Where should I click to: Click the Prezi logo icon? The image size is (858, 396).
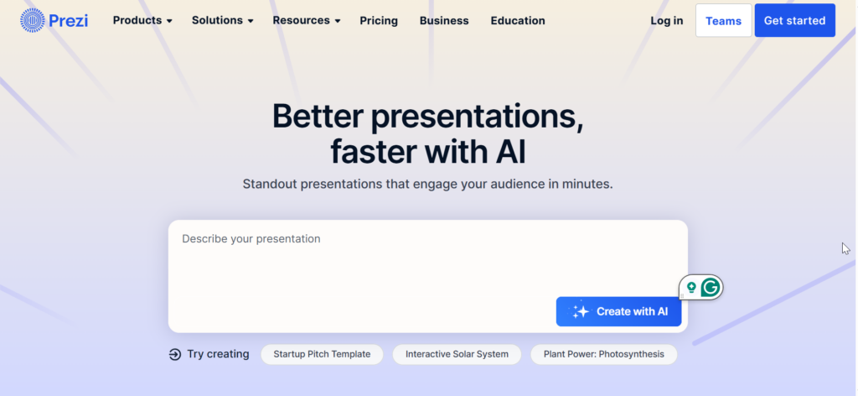pyautogui.click(x=33, y=20)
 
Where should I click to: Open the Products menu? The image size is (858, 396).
pyautogui.click(x=142, y=20)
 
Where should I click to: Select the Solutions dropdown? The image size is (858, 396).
pyautogui.click(x=222, y=20)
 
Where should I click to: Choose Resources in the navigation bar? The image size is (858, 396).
pyautogui.click(x=307, y=20)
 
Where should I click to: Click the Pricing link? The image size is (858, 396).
pyautogui.click(x=379, y=20)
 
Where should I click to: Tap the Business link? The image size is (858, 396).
pyautogui.click(x=444, y=20)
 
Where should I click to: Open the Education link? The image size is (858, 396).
pyautogui.click(x=518, y=20)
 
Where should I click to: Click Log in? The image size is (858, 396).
pyautogui.click(x=666, y=20)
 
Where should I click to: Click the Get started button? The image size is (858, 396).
pyautogui.click(x=794, y=20)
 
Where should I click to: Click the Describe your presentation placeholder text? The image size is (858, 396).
pyautogui.click(x=251, y=239)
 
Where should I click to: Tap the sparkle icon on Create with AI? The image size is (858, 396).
pyautogui.click(x=580, y=311)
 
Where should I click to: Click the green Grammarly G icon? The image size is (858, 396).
pyautogui.click(x=711, y=287)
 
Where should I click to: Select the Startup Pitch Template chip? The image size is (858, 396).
pyautogui.click(x=322, y=354)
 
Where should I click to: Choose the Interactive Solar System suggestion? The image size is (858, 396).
pyautogui.click(x=457, y=354)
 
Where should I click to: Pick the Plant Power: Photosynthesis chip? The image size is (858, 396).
pyautogui.click(x=603, y=354)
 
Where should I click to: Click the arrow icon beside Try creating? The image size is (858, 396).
pyautogui.click(x=174, y=354)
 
